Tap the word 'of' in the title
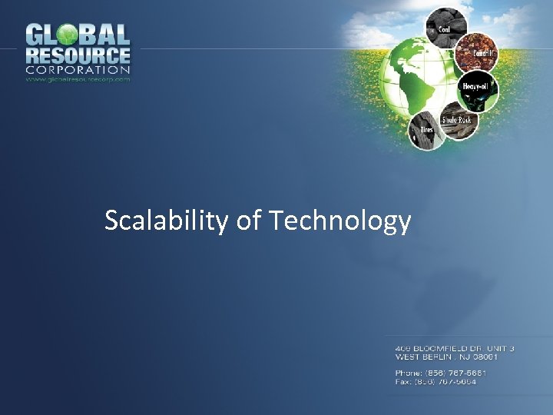pyautogui.click(x=249, y=221)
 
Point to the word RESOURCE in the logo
pyautogui.click(x=78, y=56)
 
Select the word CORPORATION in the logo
pyautogui.click(x=78, y=70)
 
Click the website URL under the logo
pyautogui.click(x=78, y=78)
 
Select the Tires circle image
pyautogui.click(x=424, y=130)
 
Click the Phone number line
pyautogui.click(x=441, y=373)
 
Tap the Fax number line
pyautogui.click(x=435, y=382)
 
